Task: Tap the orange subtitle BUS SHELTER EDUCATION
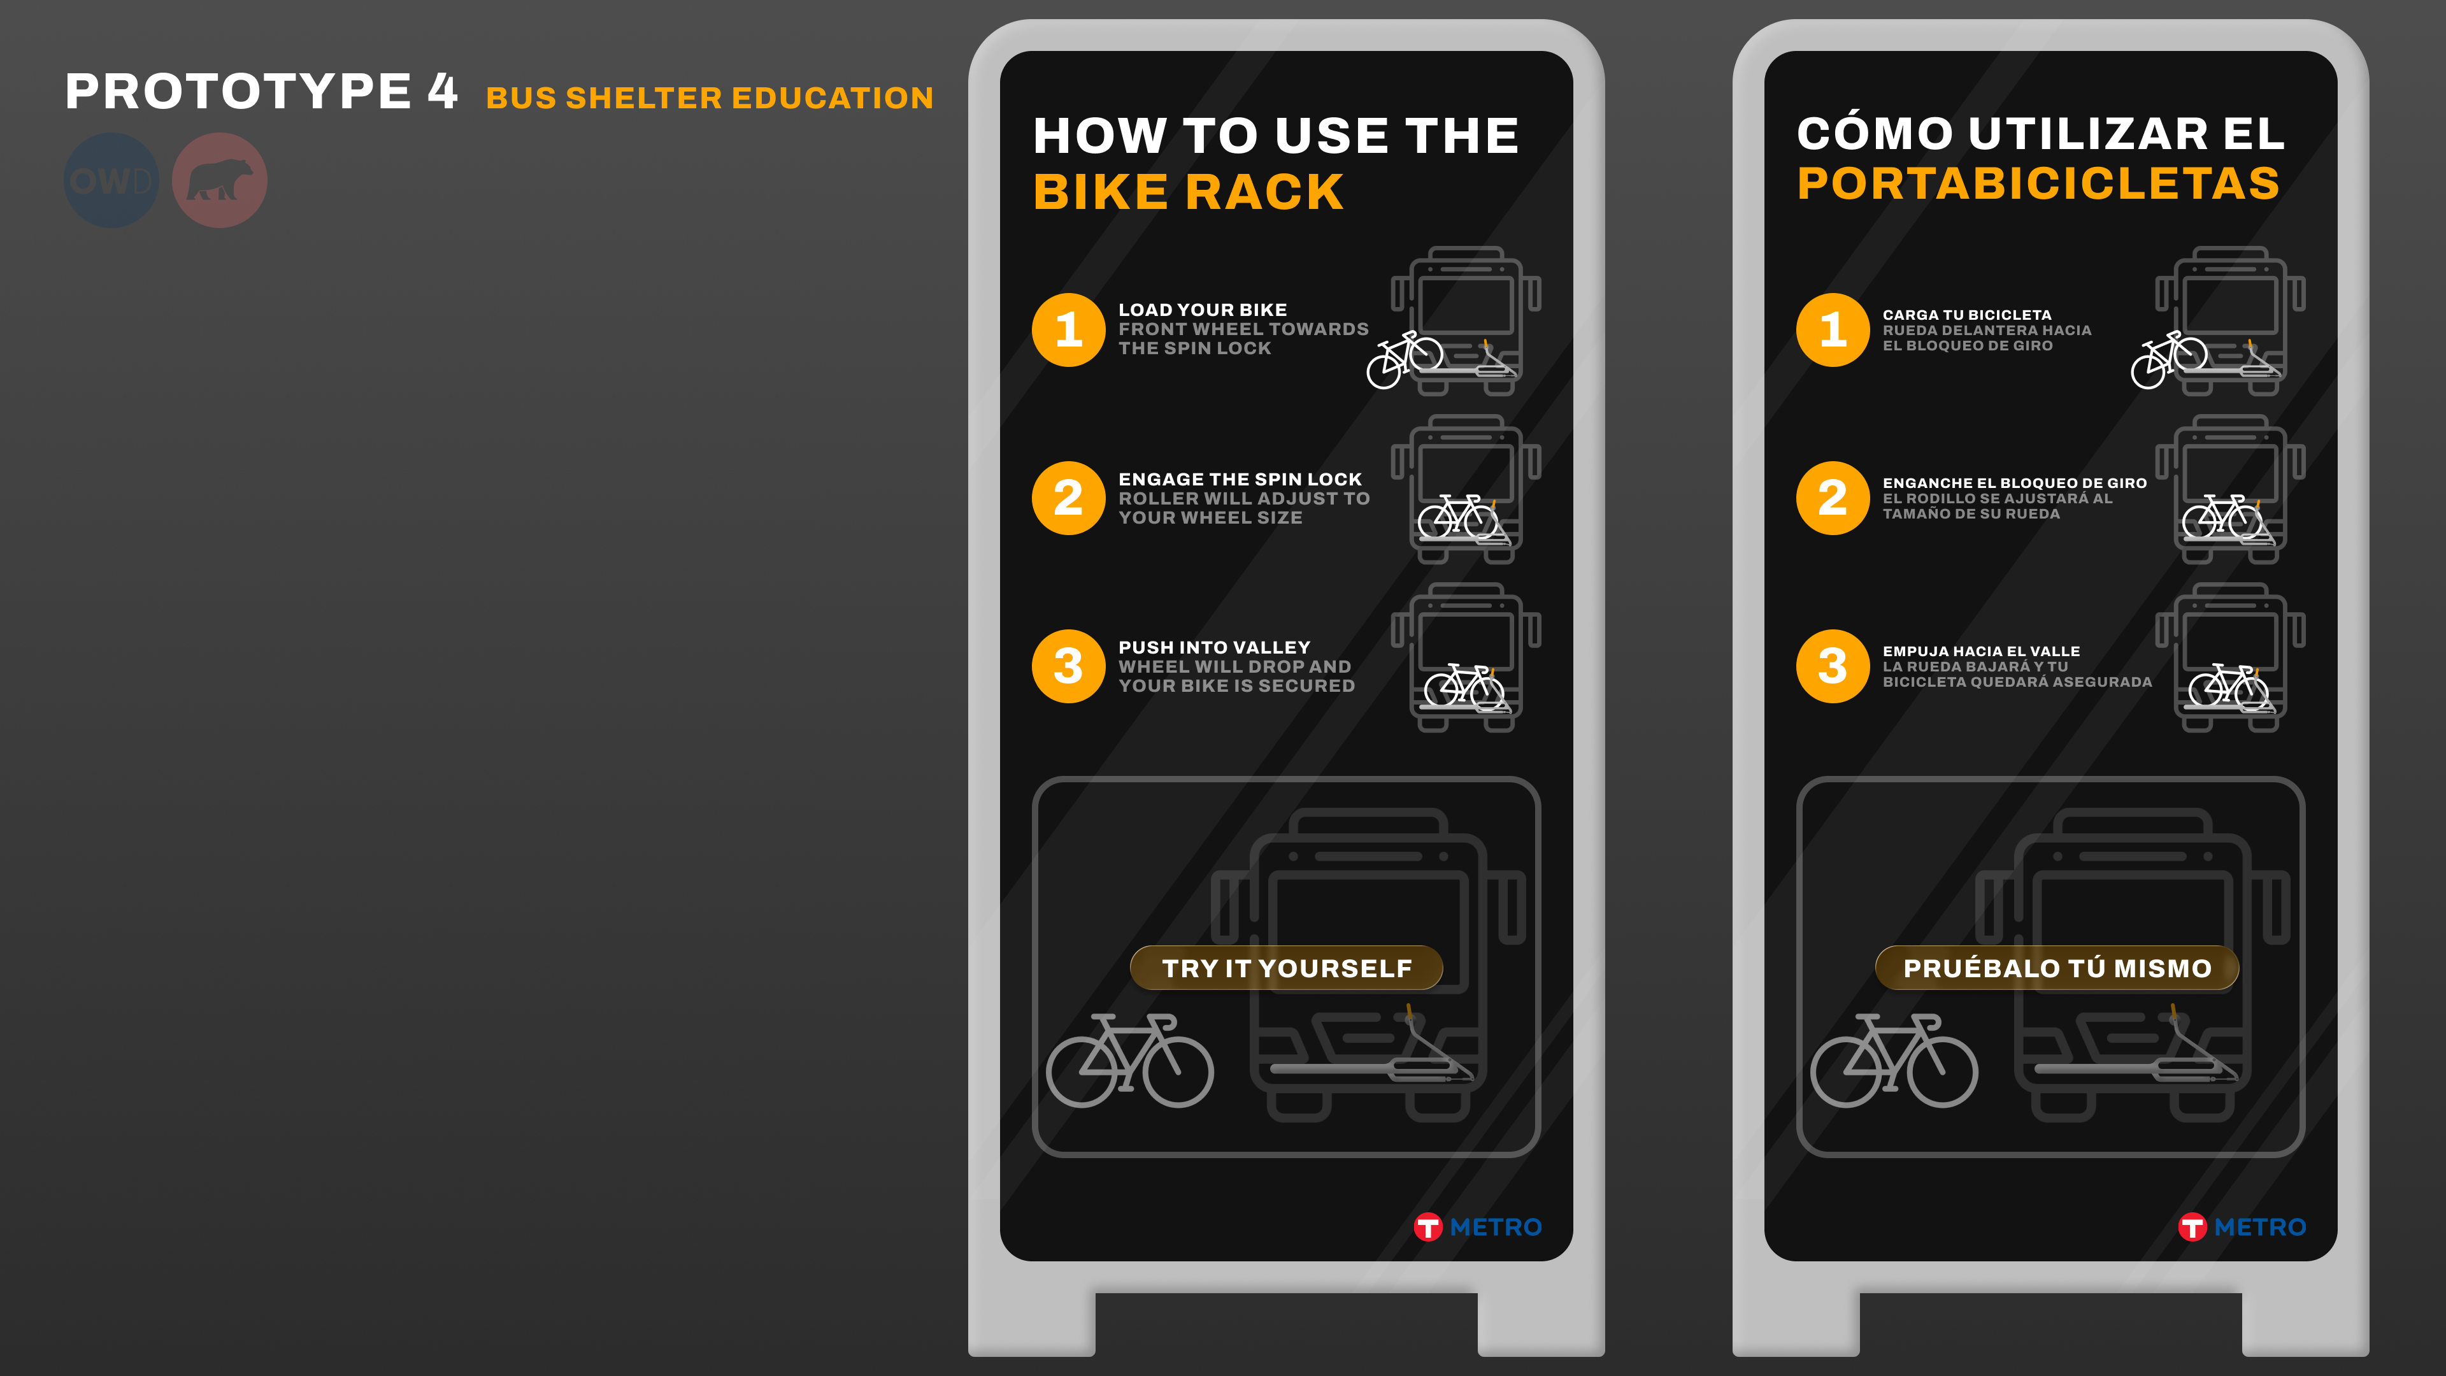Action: pos(710,98)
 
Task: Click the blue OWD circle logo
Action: pos(111,180)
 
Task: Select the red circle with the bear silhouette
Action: pos(219,180)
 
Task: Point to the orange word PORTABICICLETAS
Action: pos(2038,183)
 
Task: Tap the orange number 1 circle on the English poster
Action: pos(1068,329)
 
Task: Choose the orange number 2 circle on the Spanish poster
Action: pos(1833,498)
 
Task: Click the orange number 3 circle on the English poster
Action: pos(1068,666)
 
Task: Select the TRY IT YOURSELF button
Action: pos(1287,968)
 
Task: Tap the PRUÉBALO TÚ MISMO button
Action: pos(2057,968)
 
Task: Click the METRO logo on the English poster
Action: pos(1478,1227)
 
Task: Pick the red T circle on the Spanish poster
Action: pos(2191,1227)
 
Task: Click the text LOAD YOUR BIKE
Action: pos(1202,310)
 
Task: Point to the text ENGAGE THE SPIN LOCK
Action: pos(1239,480)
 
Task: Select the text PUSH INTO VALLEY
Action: pos(1213,648)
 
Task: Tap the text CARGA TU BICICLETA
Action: pos(1966,314)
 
